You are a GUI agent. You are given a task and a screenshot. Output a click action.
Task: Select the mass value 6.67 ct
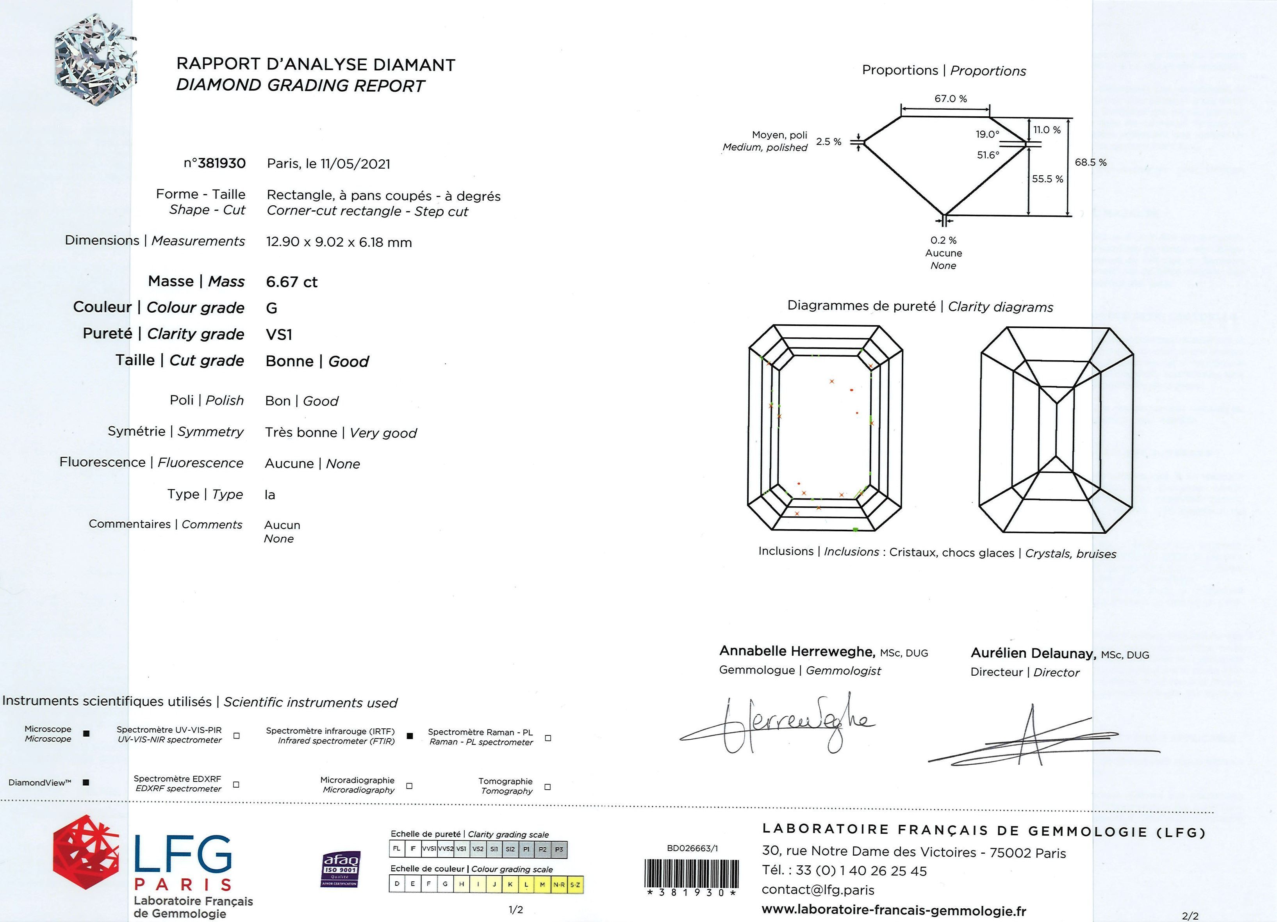coord(292,281)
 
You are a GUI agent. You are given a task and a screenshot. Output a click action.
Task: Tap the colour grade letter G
coord(271,308)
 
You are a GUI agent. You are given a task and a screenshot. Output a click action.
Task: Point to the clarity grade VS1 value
coord(279,335)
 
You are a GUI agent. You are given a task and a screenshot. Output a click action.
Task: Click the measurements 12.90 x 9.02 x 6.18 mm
coord(339,242)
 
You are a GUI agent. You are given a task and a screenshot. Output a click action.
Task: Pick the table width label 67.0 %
coord(951,98)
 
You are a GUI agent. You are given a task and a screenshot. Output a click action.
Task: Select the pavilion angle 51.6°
coord(988,155)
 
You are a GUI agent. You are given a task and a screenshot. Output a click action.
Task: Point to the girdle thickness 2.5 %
coord(828,141)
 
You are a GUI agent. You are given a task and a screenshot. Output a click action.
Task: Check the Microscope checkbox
coord(86,733)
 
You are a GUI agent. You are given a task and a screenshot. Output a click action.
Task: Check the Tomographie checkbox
coord(547,787)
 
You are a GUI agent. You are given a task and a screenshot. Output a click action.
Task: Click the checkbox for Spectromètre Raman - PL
coord(548,738)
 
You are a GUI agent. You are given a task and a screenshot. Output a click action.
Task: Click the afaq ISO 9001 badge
coord(340,869)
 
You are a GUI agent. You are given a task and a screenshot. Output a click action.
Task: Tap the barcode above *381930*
coord(690,872)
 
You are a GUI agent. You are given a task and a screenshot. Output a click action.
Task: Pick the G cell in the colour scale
coord(445,884)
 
